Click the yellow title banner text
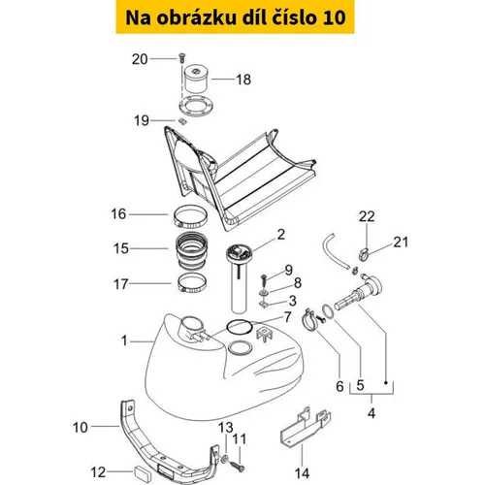[x=236, y=17]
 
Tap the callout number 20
[x=140, y=59]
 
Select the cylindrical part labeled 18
[x=196, y=80]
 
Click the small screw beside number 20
[x=181, y=58]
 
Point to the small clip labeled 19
[x=182, y=121]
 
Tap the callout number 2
[x=281, y=234]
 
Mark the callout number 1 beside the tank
[x=124, y=340]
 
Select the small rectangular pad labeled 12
[x=143, y=471]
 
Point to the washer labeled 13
[x=225, y=458]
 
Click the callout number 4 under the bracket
[x=372, y=413]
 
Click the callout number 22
[x=367, y=216]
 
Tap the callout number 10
[x=81, y=428]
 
